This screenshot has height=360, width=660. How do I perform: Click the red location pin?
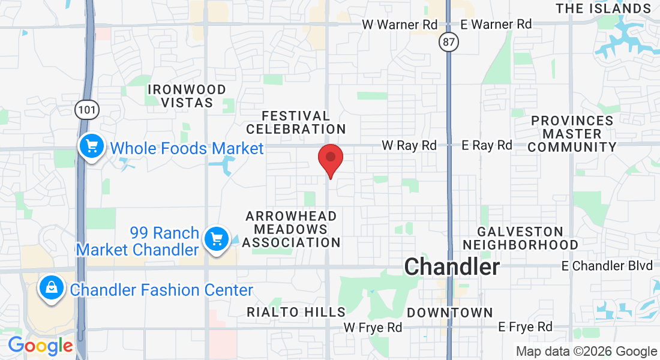pyautogui.click(x=330, y=158)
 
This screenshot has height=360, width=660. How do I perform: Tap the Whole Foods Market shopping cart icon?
pyautogui.click(x=91, y=146)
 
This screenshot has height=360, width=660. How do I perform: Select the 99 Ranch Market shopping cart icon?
pyautogui.click(x=216, y=239)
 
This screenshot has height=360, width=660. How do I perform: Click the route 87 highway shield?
pyautogui.click(x=448, y=41)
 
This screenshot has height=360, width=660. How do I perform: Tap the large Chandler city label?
pyautogui.click(x=452, y=267)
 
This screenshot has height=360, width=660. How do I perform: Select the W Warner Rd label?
pyautogui.click(x=400, y=25)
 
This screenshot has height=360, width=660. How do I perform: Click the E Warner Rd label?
pyautogui.click(x=496, y=25)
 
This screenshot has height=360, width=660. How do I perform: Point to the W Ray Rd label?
pyautogui.click(x=409, y=145)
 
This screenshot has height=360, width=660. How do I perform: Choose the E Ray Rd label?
pyautogui.click(x=487, y=145)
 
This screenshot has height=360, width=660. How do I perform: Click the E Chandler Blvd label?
pyautogui.click(x=607, y=265)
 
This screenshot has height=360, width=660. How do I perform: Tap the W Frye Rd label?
pyautogui.click(x=373, y=327)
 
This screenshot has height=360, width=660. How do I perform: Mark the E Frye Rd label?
pyautogui.click(x=525, y=327)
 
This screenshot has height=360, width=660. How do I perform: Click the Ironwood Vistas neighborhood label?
pyautogui.click(x=187, y=96)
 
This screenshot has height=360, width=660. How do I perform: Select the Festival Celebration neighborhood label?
pyautogui.click(x=296, y=122)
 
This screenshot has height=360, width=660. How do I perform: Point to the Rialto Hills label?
pyautogui.click(x=296, y=312)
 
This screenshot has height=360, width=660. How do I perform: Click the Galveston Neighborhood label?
pyautogui.click(x=520, y=238)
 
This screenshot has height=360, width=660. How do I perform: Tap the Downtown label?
pyautogui.click(x=450, y=313)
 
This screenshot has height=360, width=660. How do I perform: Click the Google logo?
pyautogui.click(x=40, y=346)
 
